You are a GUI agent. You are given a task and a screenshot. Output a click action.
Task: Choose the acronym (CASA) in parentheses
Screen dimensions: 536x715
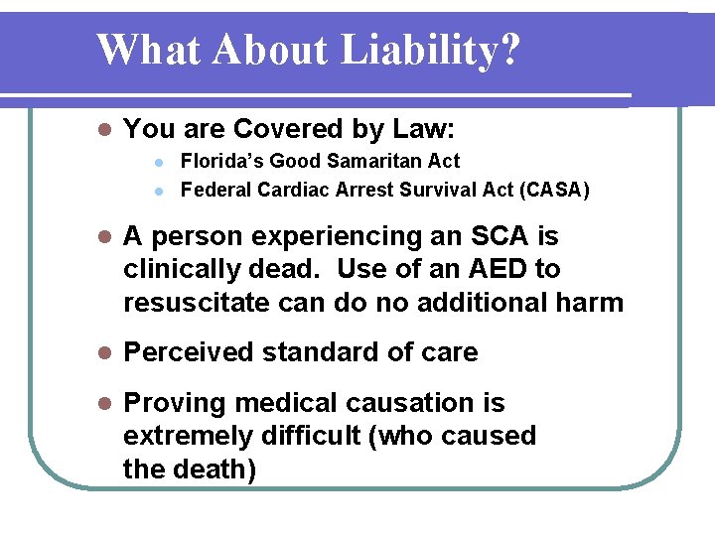click(550, 189)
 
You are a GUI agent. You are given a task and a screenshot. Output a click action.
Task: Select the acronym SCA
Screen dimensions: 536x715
click(502, 236)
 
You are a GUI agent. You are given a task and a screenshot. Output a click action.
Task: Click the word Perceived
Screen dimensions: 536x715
click(188, 352)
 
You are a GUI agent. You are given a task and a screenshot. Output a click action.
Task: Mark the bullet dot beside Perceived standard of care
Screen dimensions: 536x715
click(102, 353)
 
